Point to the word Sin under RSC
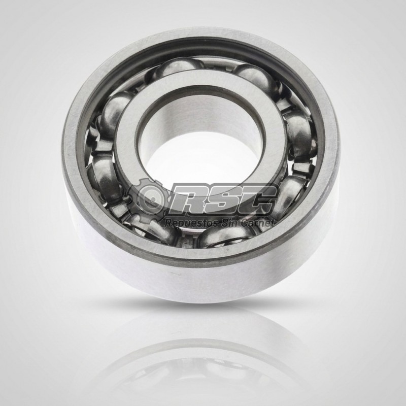pyautogui.click(x=228, y=222)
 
